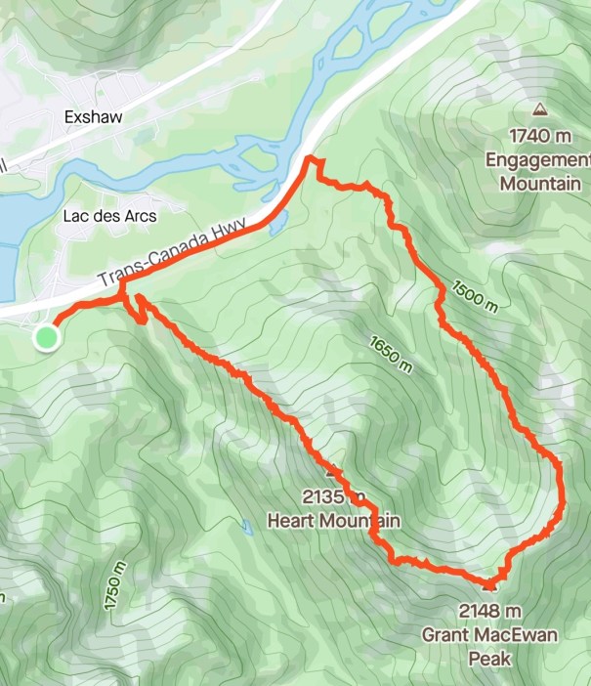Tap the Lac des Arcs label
pyautogui.click(x=109, y=214)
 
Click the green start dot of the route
pyautogui.click(x=46, y=338)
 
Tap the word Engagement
pyautogui.click(x=539, y=159)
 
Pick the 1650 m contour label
pyautogui.click(x=391, y=354)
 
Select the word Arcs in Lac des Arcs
pyautogui.click(x=138, y=214)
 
